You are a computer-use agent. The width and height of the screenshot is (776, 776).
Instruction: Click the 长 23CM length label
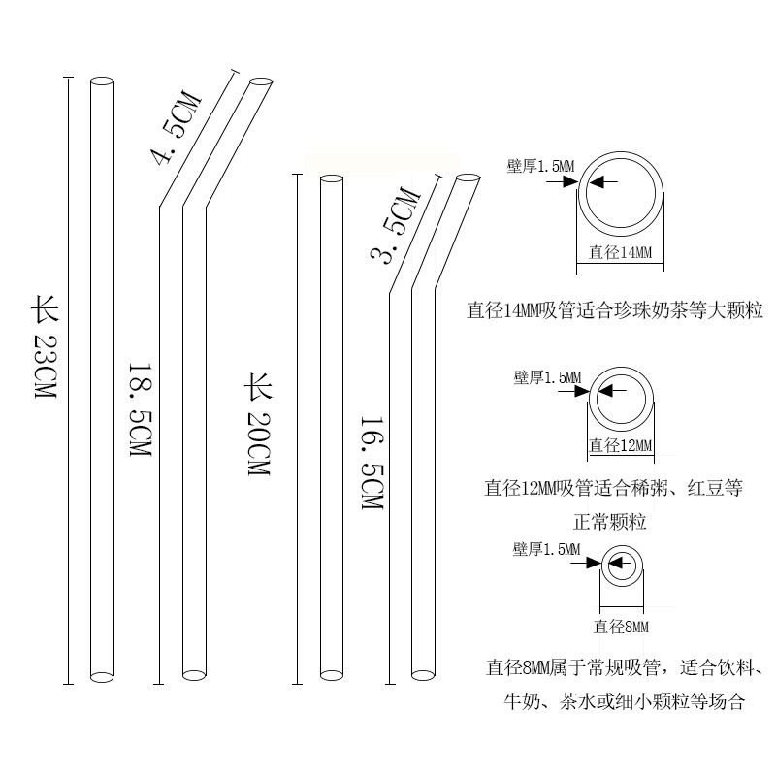tap(46, 350)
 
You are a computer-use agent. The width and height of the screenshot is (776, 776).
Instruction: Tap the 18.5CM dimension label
tap(142, 411)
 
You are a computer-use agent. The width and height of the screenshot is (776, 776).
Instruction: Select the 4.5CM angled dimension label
tap(176, 128)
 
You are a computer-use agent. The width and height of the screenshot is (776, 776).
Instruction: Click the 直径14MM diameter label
tap(621, 253)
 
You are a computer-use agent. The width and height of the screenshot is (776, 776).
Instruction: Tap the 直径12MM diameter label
tap(621, 445)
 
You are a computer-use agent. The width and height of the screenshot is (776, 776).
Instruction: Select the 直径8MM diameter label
tap(621, 627)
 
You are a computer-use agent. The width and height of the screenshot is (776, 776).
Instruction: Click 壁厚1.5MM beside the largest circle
tap(540, 167)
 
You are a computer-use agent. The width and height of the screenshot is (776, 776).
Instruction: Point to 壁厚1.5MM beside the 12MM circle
tap(548, 376)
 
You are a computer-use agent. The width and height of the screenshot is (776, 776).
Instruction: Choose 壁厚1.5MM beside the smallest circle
tap(547, 550)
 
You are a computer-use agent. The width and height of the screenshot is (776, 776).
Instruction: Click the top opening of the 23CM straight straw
tap(102, 81)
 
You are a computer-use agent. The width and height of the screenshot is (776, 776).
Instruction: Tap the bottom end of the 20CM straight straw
tap(332, 672)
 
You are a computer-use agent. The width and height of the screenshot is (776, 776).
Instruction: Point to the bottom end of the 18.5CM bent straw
tap(194, 672)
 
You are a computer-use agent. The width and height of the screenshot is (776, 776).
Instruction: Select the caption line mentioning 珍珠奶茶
tap(615, 311)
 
